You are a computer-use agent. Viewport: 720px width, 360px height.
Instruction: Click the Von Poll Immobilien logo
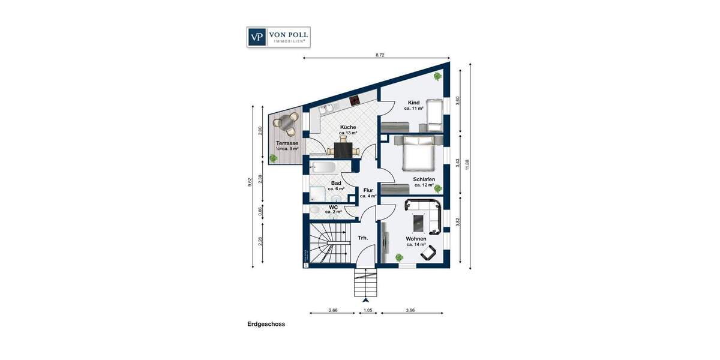tap(278, 37)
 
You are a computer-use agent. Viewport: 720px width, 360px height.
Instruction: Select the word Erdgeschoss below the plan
tap(266, 324)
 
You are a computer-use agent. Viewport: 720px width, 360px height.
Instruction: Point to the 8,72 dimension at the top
tap(379, 55)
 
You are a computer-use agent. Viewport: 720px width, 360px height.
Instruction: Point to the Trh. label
tap(363, 238)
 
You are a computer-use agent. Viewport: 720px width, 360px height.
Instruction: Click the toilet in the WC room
tap(314, 209)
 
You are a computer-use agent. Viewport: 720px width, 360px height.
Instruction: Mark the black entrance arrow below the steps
tap(365, 299)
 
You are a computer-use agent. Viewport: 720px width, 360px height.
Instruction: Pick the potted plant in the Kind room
tap(437, 76)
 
